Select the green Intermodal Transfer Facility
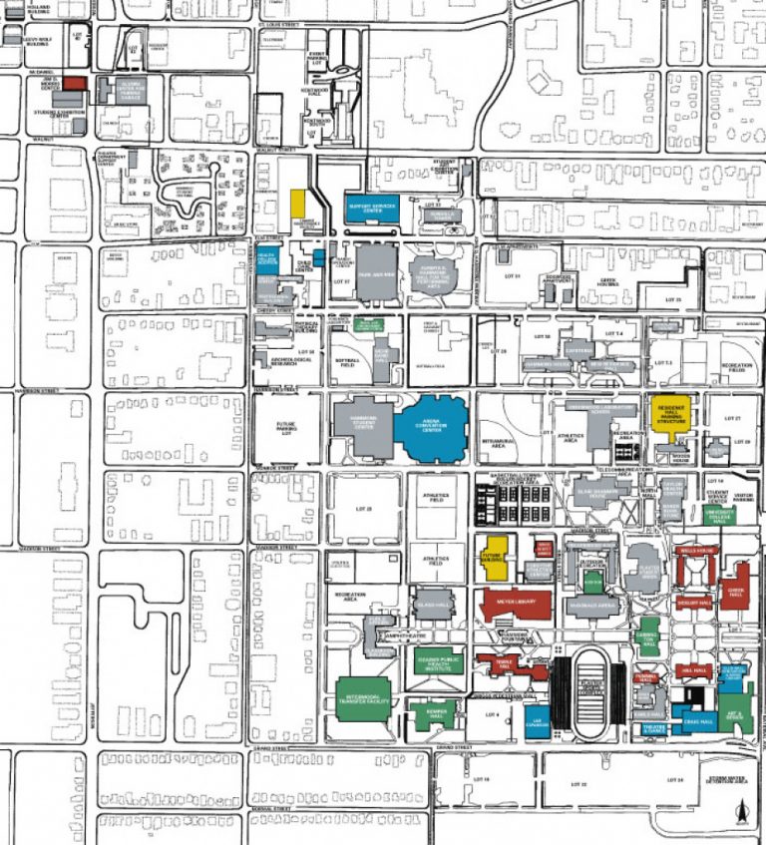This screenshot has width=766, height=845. pyautogui.click(x=362, y=692)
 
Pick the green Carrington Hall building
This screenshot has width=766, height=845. pyautogui.click(x=648, y=638)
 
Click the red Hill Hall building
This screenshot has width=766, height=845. pyautogui.click(x=694, y=671)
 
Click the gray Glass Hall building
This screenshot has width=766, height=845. pyautogui.click(x=433, y=604)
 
